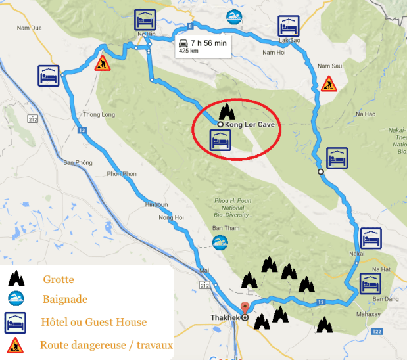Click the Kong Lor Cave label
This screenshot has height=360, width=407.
click(x=249, y=124)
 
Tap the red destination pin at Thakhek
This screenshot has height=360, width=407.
click(x=245, y=308)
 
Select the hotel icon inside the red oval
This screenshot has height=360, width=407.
click(x=219, y=141)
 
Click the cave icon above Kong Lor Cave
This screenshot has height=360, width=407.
click(x=227, y=110)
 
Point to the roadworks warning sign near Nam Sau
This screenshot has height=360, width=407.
click(x=328, y=83)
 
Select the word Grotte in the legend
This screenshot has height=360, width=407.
click(x=58, y=280)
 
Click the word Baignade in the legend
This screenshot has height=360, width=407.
click(x=64, y=300)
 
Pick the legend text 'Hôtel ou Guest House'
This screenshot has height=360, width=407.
click(x=93, y=322)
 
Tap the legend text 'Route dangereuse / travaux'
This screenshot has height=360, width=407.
click(x=106, y=344)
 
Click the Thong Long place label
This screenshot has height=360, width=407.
click(x=95, y=114)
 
